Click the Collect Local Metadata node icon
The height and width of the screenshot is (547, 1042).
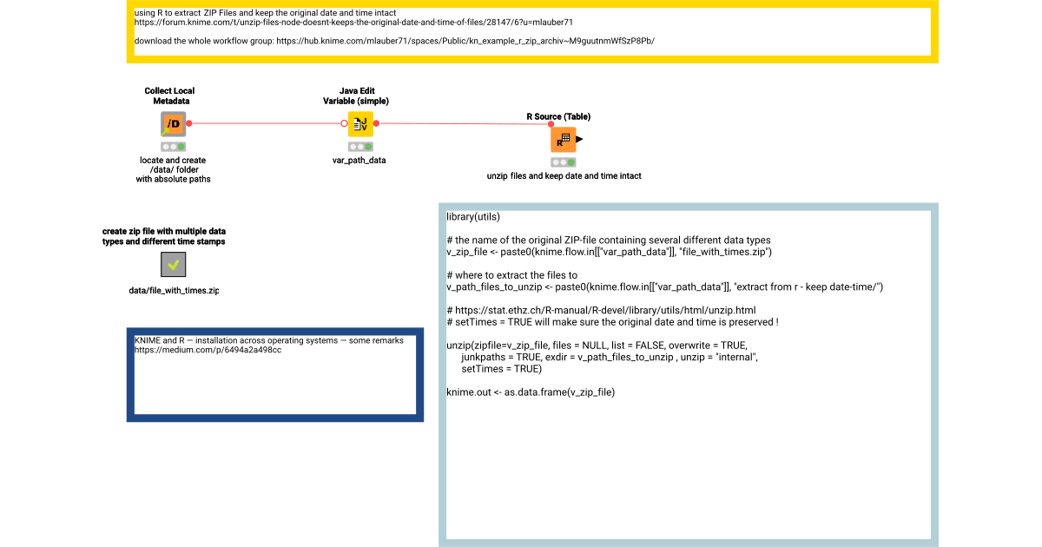point(174,124)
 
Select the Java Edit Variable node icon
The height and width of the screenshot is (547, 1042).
point(359,124)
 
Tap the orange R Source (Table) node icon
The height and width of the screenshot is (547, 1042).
point(563,139)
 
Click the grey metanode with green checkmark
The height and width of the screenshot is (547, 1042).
point(174,265)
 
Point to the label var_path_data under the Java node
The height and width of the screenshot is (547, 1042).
point(359,160)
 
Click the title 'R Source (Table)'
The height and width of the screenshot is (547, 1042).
point(558,116)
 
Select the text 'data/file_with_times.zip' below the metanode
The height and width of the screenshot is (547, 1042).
point(174,290)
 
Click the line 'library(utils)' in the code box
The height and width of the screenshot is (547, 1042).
point(473,216)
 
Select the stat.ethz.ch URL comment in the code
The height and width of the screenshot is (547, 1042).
point(601,310)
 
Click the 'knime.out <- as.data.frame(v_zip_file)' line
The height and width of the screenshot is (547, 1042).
point(531,392)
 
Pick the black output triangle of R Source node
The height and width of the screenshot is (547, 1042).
point(579,139)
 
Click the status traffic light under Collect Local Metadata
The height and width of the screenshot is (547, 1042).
point(174,147)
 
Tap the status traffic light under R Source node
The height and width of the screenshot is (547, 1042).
point(563,161)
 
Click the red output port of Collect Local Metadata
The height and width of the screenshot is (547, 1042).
point(188,123)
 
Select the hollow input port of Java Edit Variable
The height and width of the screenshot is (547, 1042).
point(344,123)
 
